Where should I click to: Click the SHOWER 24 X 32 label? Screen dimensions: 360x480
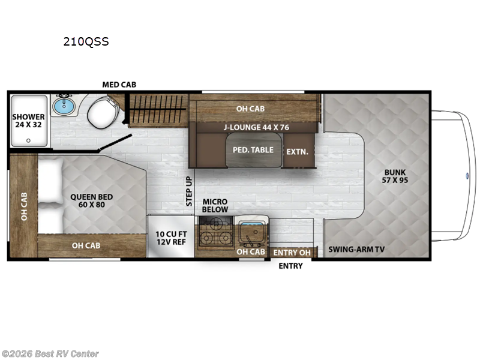29,121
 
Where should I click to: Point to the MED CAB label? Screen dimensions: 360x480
119,85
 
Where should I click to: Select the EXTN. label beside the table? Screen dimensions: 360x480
297,152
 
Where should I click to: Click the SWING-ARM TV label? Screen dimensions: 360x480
356,249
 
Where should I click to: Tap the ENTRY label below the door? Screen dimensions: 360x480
290,266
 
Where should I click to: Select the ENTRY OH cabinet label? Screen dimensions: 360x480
292,253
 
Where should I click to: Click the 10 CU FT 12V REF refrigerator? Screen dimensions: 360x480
170,238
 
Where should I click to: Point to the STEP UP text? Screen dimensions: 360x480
189,191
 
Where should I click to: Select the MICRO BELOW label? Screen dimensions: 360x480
215,205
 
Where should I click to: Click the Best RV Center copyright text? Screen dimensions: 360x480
50,354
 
